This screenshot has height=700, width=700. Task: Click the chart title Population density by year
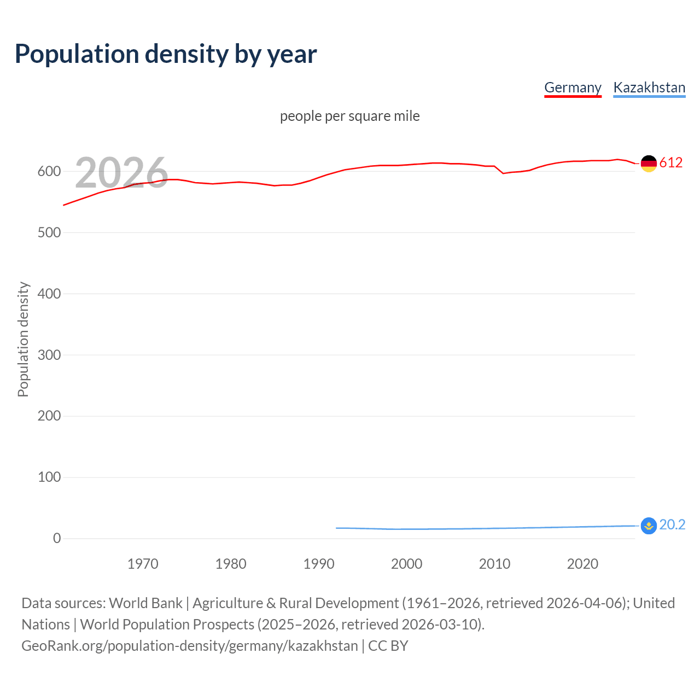tap(166, 54)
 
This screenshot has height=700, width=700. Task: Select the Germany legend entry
tap(573, 87)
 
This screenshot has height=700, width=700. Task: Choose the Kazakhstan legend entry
tap(649, 87)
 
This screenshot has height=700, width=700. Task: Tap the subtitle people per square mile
tap(350, 116)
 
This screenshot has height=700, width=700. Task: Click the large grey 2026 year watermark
tap(121, 173)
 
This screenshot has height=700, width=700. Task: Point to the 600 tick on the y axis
tap(49, 172)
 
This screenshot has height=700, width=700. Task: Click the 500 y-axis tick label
tap(49, 233)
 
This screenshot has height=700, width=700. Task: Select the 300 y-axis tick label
tap(49, 355)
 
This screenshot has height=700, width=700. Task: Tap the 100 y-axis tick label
tap(49, 477)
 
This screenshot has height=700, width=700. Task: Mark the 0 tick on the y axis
tap(57, 539)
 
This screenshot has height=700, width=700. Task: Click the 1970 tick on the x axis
tap(143, 564)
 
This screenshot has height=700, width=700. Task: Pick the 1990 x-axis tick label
tap(319, 564)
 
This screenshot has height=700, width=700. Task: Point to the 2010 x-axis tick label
tap(494, 564)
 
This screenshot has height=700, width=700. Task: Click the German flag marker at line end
tap(649, 164)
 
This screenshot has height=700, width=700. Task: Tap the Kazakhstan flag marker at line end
tap(649, 526)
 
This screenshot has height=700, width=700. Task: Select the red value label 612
tap(671, 162)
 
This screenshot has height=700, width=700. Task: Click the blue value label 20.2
tap(672, 524)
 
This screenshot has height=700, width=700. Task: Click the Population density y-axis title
tap(23, 339)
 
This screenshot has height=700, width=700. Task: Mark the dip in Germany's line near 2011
tap(503, 173)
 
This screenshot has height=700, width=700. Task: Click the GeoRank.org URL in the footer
tap(190, 646)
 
